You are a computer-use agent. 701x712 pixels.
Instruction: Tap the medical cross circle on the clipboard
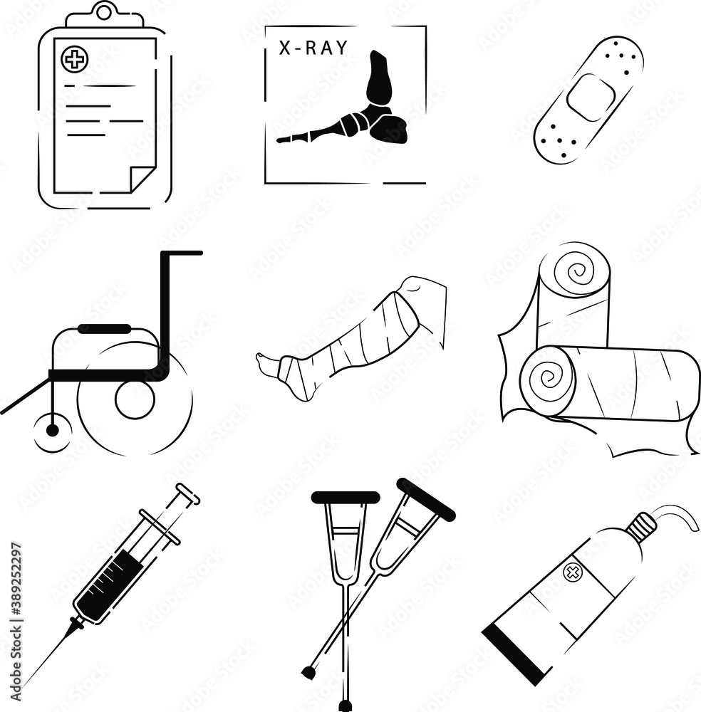pos(73,59)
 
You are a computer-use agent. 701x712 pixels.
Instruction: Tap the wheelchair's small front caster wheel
pos(51,430)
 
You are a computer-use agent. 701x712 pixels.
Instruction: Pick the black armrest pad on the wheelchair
pos(104,328)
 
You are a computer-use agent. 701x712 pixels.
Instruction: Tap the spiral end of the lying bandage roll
pos(547,379)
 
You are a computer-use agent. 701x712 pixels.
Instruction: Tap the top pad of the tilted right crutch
pos(426,499)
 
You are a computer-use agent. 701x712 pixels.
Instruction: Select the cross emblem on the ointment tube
pos(571,572)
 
